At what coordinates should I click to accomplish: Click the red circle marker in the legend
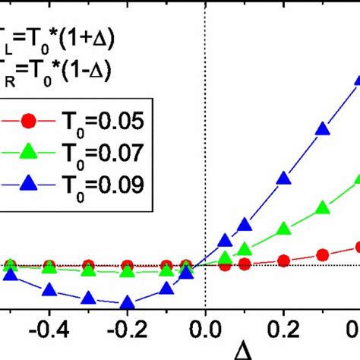point(28,122)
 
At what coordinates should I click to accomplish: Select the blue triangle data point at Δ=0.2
point(284,179)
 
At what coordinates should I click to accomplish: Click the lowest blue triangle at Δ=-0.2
point(127,302)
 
